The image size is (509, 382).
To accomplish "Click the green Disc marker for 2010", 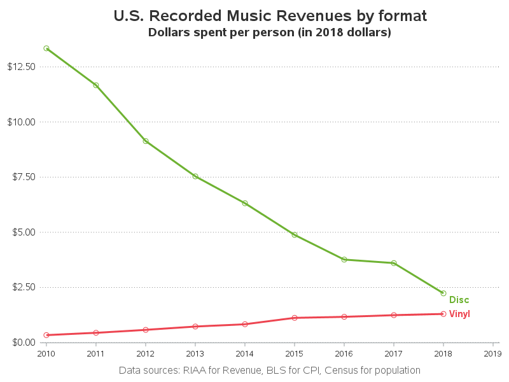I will [46, 48].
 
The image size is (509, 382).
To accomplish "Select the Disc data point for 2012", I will [146, 141].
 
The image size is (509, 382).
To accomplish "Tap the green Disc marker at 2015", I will [295, 235].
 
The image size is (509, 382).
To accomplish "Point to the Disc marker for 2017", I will [394, 263].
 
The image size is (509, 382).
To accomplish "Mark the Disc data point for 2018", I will [443, 294].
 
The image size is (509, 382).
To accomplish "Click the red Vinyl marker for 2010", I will [46, 335].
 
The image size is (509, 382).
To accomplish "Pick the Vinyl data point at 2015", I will [295, 318].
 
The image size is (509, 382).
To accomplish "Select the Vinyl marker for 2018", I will [443, 314].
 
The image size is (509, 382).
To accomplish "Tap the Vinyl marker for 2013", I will [195, 327].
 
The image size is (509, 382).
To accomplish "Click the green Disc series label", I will [459, 300].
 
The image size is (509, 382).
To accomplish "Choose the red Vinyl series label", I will [459, 314].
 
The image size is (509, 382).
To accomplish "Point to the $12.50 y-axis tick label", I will [21, 67].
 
